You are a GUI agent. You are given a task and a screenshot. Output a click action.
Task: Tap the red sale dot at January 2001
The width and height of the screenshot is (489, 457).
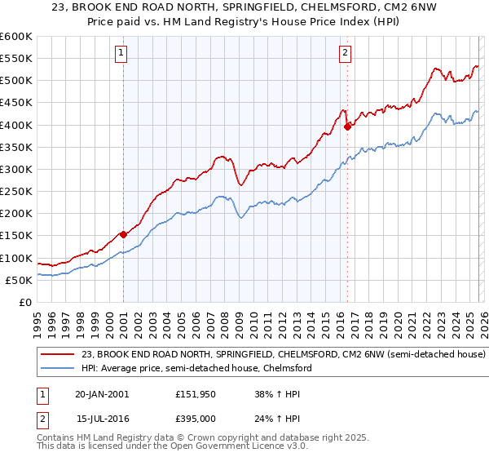pyautogui.click(x=123, y=234)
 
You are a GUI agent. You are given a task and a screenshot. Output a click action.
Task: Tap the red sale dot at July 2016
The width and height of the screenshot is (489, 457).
pyautogui.click(x=347, y=126)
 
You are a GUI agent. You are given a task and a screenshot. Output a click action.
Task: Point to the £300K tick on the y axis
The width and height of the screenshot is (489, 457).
pyautogui.click(x=16, y=169)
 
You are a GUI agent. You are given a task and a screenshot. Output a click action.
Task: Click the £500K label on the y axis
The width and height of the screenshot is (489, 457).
pyautogui.click(x=16, y=80)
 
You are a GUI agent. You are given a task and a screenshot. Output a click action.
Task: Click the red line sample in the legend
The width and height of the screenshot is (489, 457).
pyautogui.click(x=58, y=355)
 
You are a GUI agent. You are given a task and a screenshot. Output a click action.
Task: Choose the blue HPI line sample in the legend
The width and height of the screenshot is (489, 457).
pyautogui.click(x=58, y=369)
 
